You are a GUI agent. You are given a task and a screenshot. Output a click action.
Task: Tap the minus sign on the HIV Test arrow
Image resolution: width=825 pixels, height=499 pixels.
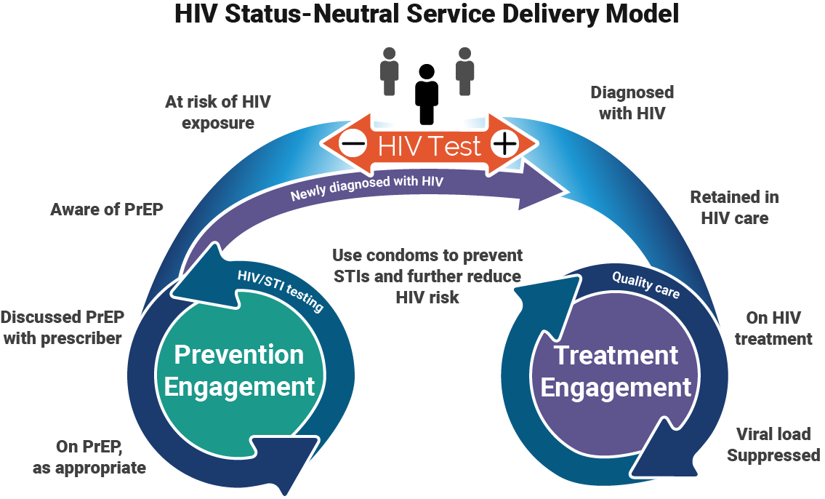coord(353,144)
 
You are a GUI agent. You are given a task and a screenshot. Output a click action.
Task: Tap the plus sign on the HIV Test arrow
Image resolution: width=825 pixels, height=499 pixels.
coord(504,144)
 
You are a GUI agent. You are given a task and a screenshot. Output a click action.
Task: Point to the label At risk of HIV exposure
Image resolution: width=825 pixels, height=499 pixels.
coord(218,112)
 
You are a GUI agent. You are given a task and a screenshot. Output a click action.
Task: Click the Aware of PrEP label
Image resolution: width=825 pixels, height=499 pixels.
coord(107,209)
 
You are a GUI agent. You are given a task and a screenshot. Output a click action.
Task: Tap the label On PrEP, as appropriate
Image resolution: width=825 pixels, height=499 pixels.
coord(89,456)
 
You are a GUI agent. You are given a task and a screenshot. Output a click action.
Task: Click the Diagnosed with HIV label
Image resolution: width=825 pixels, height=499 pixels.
coord(632,103)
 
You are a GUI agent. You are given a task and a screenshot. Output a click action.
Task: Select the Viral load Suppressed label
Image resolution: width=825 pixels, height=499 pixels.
coord(773,444)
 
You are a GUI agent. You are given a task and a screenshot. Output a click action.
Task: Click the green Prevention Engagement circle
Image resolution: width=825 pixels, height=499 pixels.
coord(239,371)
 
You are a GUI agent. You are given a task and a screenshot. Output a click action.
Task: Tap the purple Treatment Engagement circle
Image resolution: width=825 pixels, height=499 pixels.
coord(616,372)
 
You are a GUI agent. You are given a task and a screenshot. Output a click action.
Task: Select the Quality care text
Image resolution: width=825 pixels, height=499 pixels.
coord(645,284)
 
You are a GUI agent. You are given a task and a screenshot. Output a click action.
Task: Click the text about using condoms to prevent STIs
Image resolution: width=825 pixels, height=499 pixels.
coord(427,276)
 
